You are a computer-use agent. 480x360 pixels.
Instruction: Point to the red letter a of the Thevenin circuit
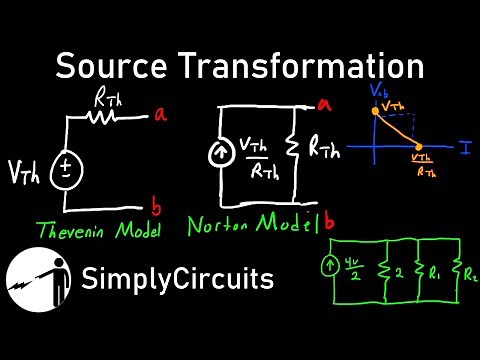tap(159, 116)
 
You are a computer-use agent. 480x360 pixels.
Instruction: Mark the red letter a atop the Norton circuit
tap(324, 103)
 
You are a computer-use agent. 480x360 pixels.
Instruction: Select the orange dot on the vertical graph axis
tap(375, 112)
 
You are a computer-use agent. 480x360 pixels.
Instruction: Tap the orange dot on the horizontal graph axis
tap(419, 146)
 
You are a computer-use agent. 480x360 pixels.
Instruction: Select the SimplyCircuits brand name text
tap(179, 279)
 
